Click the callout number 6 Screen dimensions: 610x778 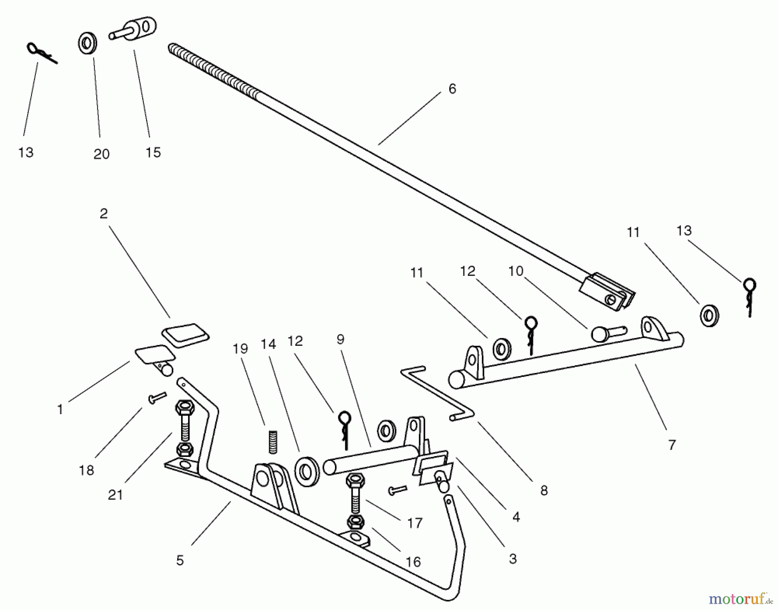click(452, 89)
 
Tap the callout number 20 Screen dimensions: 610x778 click(102, 154)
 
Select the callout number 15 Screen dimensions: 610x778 click(153, 152)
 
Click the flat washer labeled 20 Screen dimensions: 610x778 click(88, 44)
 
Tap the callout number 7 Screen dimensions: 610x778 click(672, 445)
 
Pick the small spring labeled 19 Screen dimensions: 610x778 click(272, 441)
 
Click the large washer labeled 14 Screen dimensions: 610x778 click(307, 468)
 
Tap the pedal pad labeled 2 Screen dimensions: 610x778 click(185, 335)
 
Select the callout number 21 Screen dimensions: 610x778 click(115, 495)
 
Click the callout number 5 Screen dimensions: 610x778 click(180, 560)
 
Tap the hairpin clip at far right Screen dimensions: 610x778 click(749, 297)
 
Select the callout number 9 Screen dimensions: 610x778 click(341, 340)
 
